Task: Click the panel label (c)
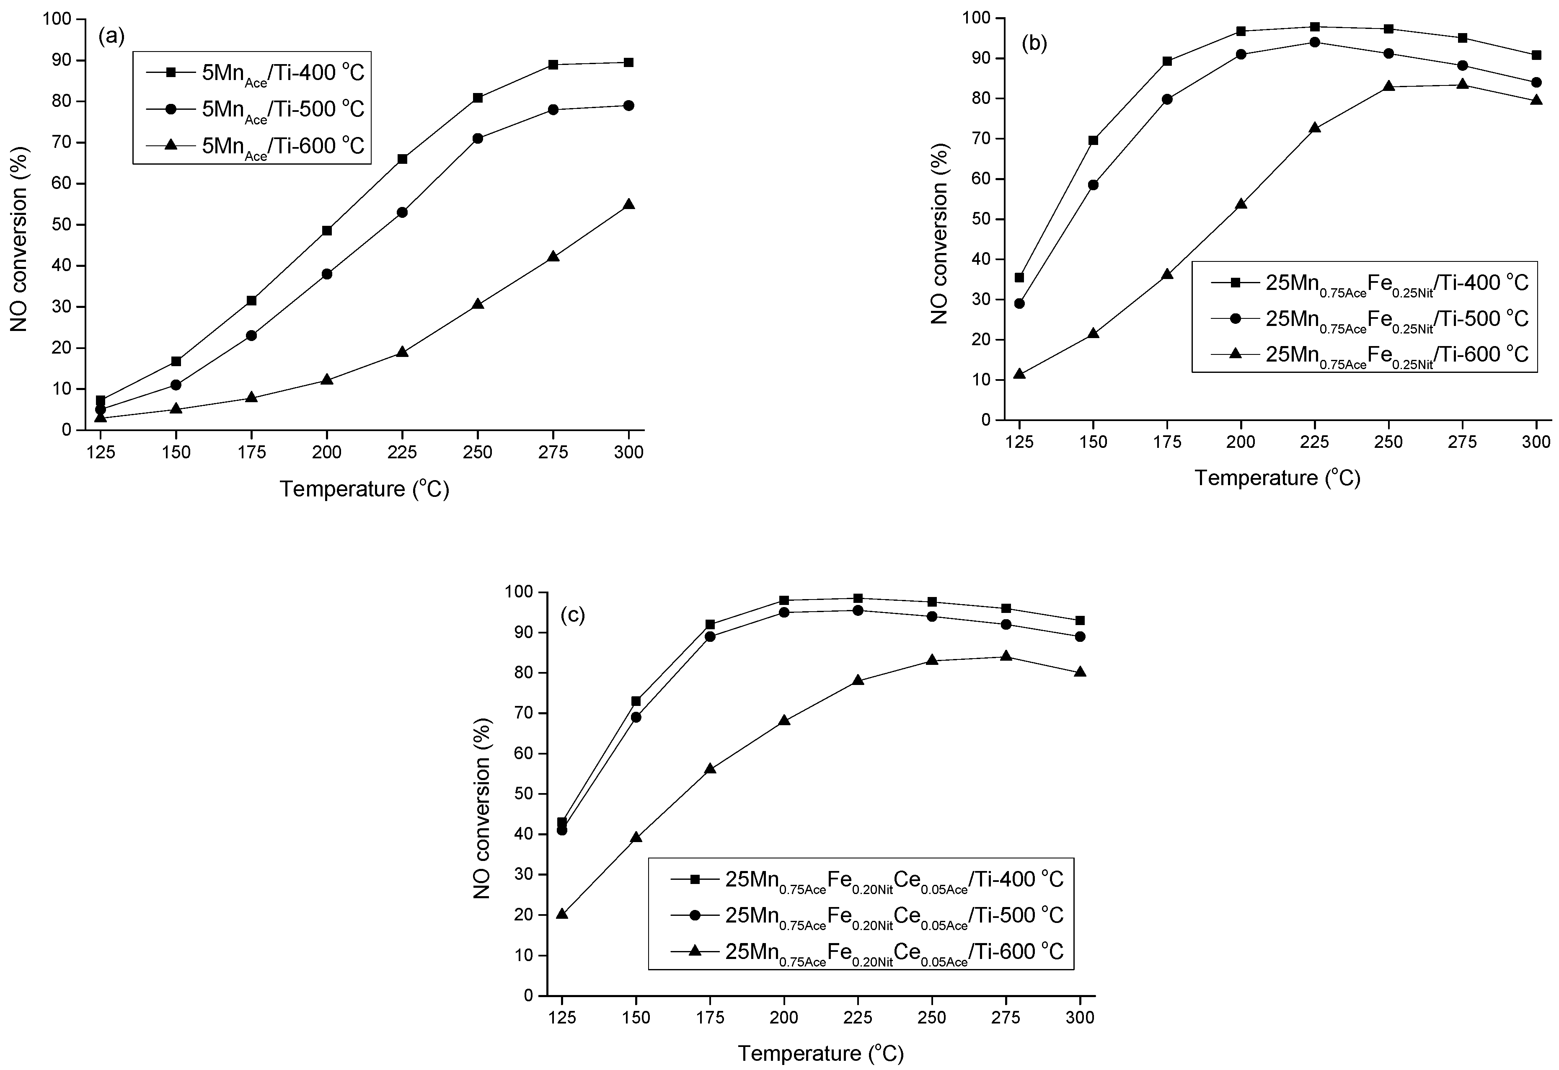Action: click(572, 615)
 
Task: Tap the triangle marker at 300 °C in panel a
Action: click(628, 204)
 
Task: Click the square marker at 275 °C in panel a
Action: click(553, 65)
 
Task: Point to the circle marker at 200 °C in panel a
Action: click(327, 274)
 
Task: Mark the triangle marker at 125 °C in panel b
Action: click(1019, 374)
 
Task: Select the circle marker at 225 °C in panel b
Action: click(1315, 42)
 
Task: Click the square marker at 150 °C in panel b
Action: click(1093, 140)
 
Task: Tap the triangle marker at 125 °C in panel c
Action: click(562, 914)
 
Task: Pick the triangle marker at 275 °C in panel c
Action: click(1006, 655)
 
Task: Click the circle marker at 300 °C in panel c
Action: click(1080, 636)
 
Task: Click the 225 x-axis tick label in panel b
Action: click(1315, 442)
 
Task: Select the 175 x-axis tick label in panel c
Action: click(710, 1018)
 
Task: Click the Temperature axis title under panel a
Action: click(364, 488)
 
